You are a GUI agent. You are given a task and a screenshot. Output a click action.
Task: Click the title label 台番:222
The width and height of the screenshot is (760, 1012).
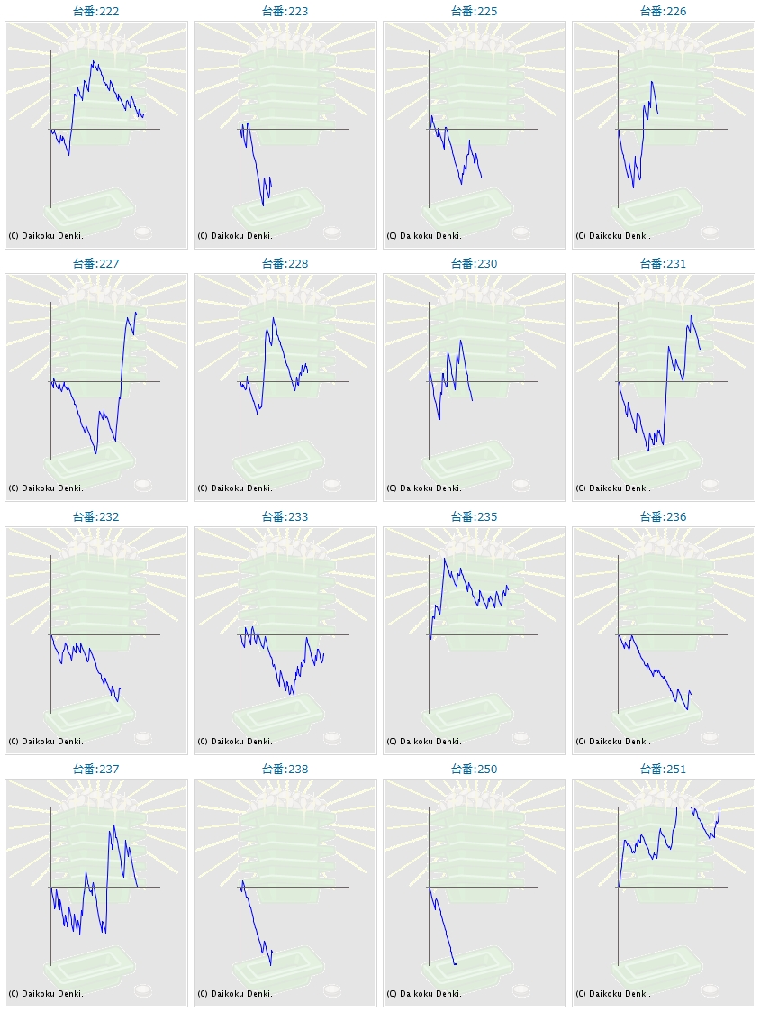[x=95, y=11]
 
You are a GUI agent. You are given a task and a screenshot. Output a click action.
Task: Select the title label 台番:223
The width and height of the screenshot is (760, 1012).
[x=285, y=11]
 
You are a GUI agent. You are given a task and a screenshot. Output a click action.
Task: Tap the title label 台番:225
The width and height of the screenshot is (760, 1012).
[x=474, y=11]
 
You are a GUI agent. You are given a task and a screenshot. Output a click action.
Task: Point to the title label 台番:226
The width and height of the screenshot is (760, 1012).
[x=663, y=11]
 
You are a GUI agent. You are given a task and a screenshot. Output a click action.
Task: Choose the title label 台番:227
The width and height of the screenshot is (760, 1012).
[x=95, y=264]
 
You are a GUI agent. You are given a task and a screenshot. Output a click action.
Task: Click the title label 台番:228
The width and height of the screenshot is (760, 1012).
[x=285, y=264]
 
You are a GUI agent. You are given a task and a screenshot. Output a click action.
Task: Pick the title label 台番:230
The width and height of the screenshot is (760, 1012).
[x=474, y=264]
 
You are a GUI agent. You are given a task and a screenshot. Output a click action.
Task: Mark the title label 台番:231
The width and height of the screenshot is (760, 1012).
[x=663, y=264]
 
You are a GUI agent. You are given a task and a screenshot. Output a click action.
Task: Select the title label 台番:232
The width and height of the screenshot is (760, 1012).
[x=95, y=517]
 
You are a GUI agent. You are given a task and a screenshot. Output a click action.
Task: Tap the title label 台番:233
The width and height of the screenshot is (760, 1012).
[x=285, y=517]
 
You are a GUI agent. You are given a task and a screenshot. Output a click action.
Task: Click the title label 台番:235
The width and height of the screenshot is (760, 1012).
[x=474, y=517]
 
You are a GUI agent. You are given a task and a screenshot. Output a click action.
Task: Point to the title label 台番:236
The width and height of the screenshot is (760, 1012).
[x=663, y=517]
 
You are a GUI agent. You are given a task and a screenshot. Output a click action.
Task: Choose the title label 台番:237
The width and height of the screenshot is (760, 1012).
[x=95, y=770]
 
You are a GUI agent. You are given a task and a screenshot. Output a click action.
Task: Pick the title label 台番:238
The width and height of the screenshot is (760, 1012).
[x=285, y=770]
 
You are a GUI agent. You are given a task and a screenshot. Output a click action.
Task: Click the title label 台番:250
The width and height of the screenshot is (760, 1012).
[x=474, y=770]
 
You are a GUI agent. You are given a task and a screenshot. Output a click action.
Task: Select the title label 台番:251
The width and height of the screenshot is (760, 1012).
[x=663, y=770]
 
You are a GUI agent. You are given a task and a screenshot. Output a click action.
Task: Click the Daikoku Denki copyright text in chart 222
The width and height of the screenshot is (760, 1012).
[x=46, y=235]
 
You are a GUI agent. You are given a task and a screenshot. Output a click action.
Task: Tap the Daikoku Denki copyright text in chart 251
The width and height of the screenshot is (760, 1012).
[x=613, y=993]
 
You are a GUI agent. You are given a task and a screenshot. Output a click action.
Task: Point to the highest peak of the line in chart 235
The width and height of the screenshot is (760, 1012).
[x=444, y=559]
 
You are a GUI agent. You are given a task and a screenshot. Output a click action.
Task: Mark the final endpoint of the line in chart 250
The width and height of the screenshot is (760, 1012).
[x=457, y=964]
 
